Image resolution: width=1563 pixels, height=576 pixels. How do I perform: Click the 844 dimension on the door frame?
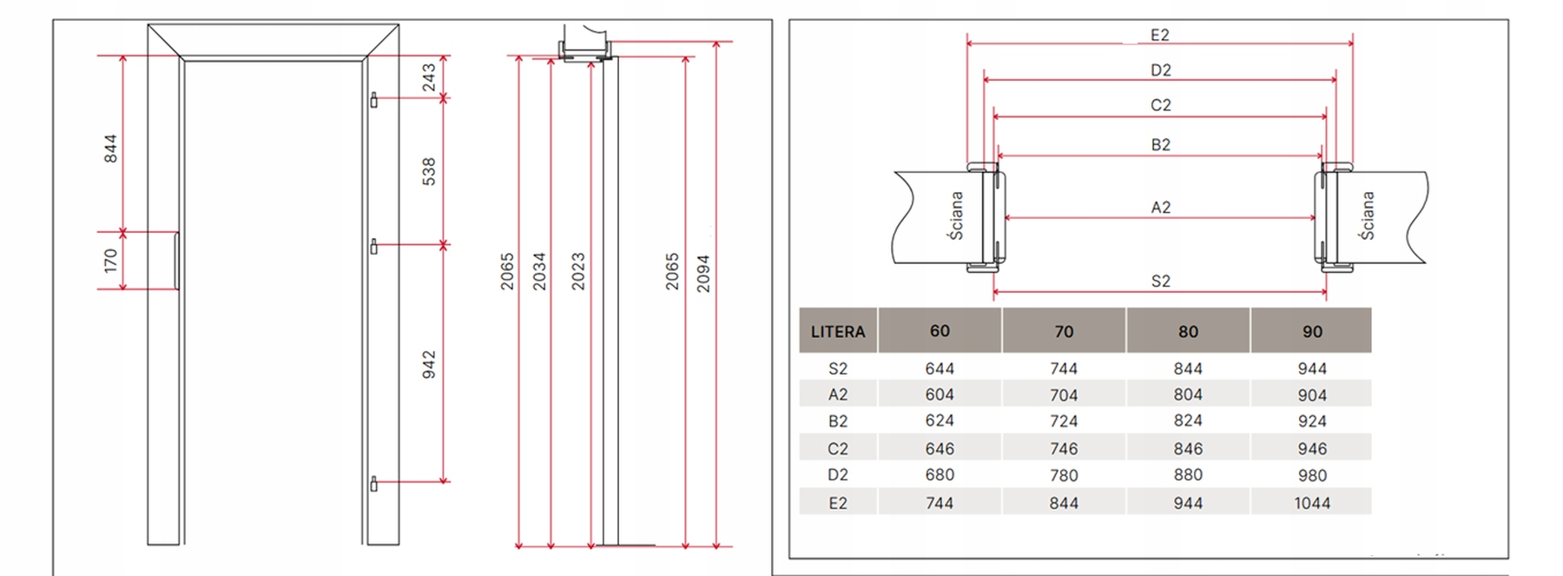pos(110,149)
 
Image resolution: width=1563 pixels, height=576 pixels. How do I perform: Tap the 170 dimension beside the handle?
pos(110,261)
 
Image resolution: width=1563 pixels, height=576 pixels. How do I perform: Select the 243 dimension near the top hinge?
pos(429,77)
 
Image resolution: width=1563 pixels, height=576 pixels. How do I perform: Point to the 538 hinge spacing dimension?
pos(429,171)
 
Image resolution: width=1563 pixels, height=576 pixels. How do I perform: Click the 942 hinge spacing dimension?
pos(429,364)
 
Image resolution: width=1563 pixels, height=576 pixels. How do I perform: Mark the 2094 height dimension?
pos(703,273)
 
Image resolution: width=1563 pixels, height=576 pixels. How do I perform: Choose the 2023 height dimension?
pos(578,271)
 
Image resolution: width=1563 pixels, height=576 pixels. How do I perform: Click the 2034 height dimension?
pos(539,271)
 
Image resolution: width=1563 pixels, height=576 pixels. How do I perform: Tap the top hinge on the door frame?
pos(374,100)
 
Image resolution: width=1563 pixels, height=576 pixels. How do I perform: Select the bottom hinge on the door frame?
pos(374,484)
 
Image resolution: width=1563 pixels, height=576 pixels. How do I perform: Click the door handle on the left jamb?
pos(177,261)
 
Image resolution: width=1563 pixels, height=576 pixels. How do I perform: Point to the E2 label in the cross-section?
pos(1160,36)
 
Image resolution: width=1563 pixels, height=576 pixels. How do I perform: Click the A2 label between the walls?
pos(1161,208)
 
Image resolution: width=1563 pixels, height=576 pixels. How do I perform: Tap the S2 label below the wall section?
pos(1161,281)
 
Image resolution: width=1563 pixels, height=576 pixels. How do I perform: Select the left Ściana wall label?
pos(956,215)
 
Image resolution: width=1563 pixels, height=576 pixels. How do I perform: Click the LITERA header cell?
pos(838,331)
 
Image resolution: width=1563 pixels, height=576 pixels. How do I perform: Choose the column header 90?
pos(1312,331)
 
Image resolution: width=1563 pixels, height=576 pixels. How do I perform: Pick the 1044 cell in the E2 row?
pos(1312,503)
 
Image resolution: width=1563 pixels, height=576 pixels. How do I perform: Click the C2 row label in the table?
pos(838,449)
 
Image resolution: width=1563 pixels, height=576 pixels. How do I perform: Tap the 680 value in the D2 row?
pos(940,475)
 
